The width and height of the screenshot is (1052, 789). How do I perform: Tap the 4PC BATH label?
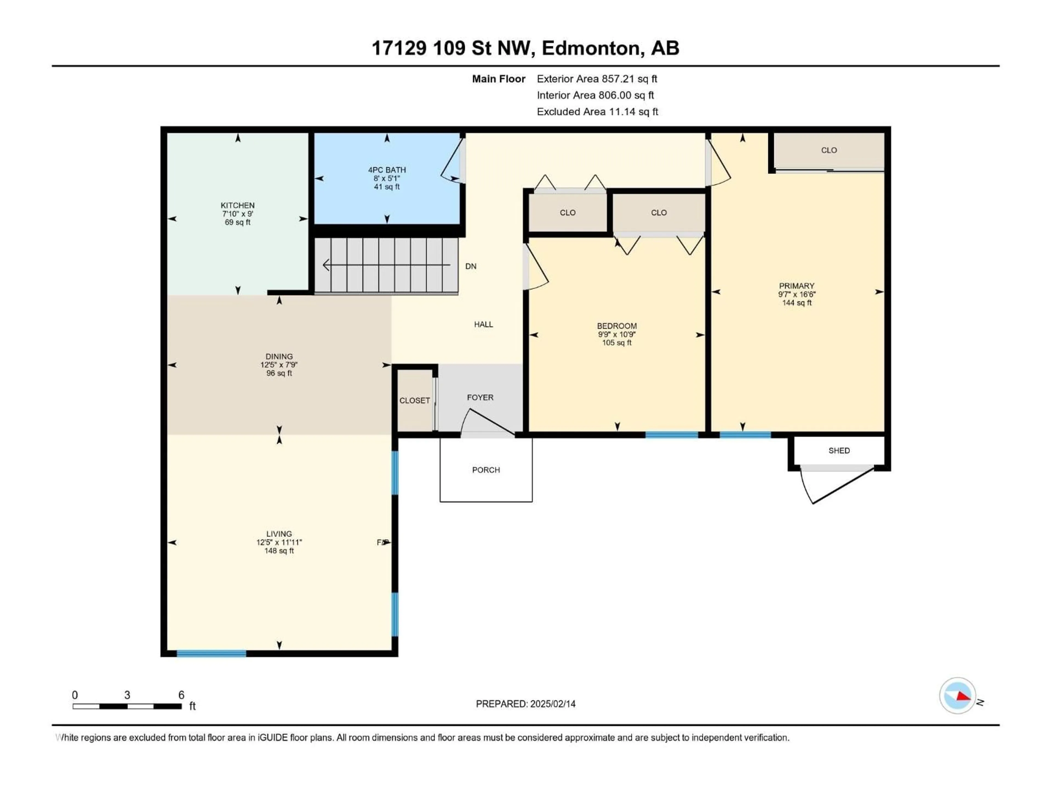click(x=387, y=170)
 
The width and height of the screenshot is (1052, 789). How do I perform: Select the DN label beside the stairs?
click(x=470, y=266)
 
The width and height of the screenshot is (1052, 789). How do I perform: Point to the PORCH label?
click(x=485, y=470)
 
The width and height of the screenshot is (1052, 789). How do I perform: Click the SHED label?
click(x=839, y=450)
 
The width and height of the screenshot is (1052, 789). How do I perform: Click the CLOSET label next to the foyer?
click(x=414, y=401)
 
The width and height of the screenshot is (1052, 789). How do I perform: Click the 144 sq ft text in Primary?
click(x=797, y=303)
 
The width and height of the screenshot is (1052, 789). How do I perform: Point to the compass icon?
click(x=957, y=696)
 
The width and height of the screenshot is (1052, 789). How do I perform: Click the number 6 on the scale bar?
click(x=181, y=695)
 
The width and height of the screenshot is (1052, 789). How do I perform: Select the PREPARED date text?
click(x=525, y=704)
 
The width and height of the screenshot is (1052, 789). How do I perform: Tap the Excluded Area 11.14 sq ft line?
click(x=597, y=112)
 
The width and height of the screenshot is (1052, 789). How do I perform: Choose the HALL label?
click(x=483, y=324)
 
